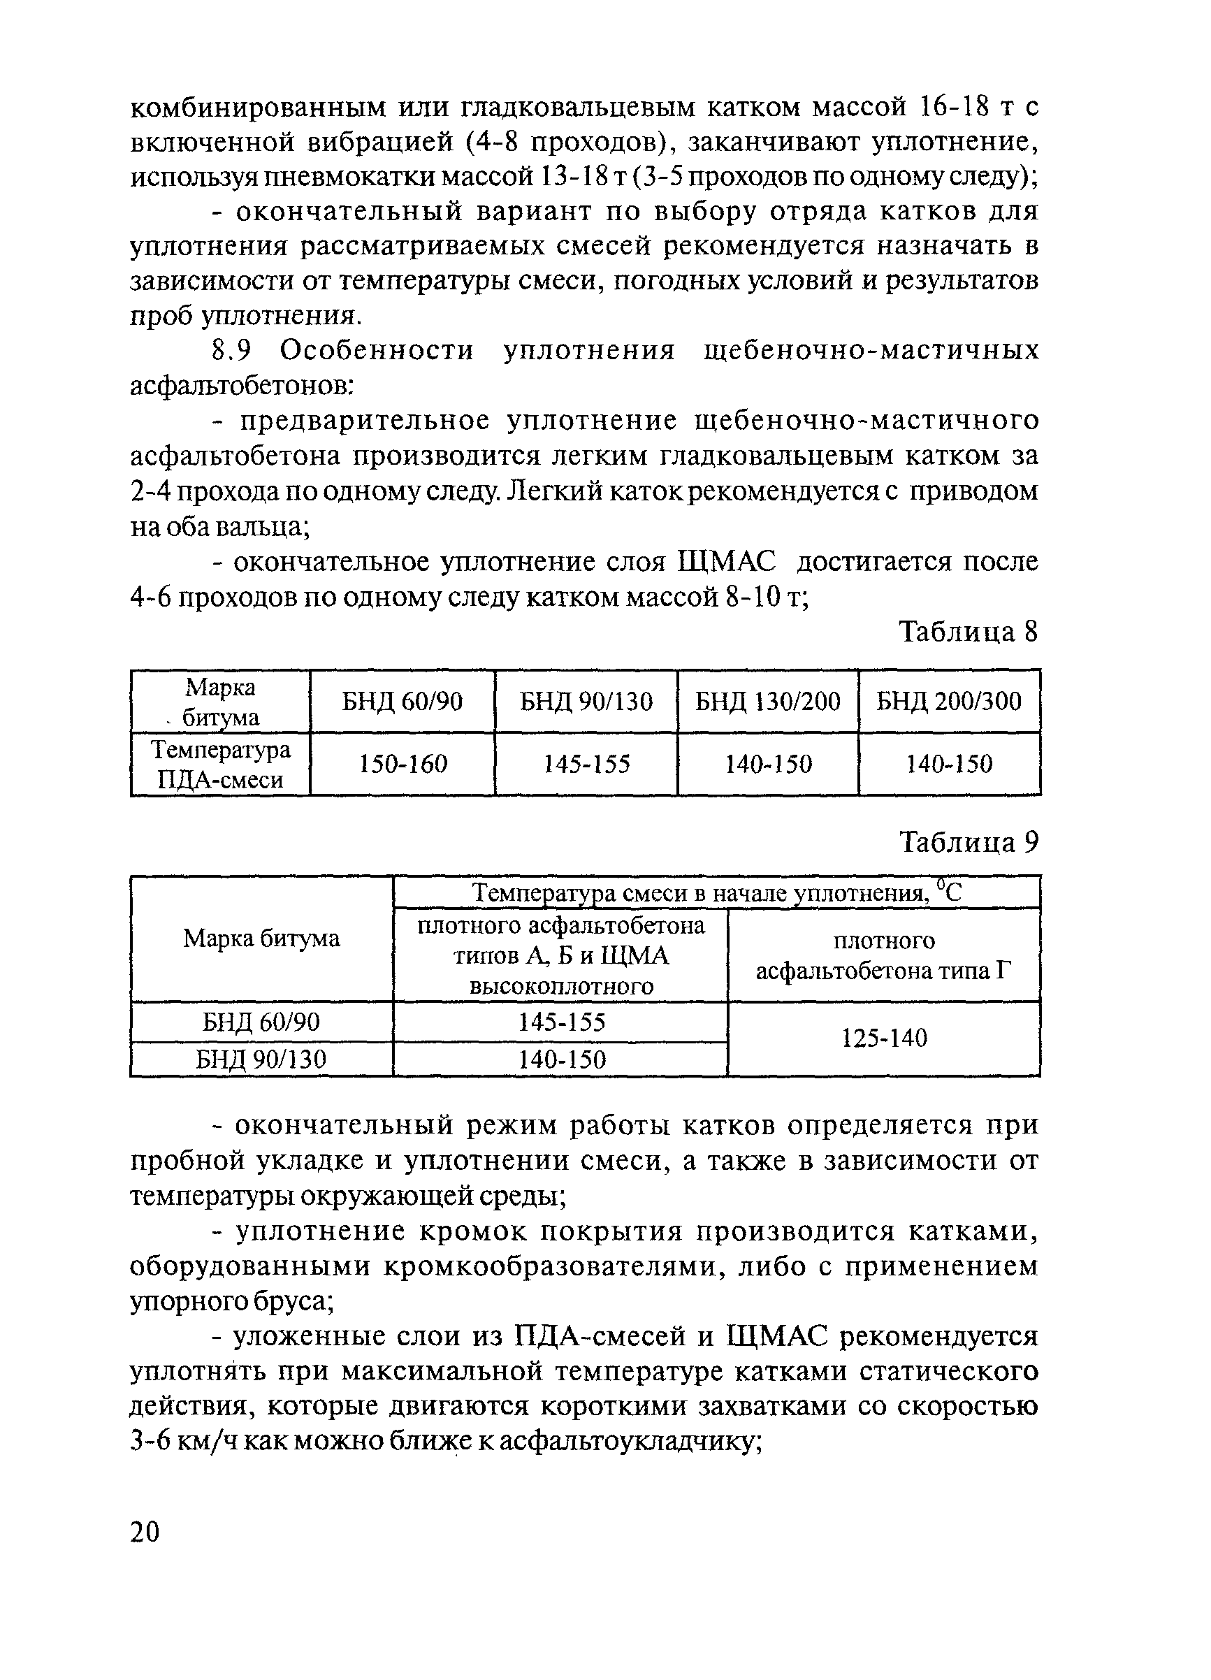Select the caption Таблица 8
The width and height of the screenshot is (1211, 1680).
point(968,632)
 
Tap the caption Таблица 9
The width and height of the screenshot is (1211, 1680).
point(968,842)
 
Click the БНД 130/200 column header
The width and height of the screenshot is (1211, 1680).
point(767,701)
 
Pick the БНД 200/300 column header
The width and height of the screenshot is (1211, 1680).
point(949,701)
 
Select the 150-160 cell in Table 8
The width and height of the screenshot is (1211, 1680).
point(403,764)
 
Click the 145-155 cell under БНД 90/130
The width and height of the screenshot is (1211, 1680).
point(586,764)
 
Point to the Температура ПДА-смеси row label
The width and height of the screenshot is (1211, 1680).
point(221,765)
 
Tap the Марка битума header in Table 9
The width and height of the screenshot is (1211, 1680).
point(261,939)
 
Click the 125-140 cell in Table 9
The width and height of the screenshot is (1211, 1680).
point(885,1038)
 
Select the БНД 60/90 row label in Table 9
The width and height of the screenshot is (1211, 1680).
point(261,1022)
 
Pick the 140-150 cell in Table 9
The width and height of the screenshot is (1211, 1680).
point(561,1059)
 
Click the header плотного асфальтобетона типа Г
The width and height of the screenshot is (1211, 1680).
point(884,955)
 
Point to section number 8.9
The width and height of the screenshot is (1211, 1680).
point(233,349)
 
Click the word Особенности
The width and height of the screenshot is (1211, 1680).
point(376,349)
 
